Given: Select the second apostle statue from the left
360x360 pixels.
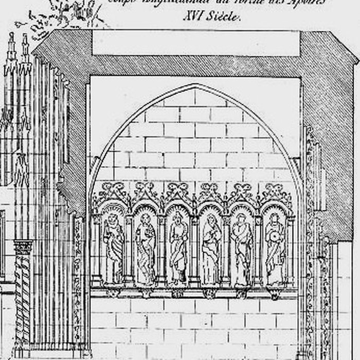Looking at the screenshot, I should [x=146, y=249].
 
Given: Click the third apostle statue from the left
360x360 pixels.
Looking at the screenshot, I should [x=178, y=249].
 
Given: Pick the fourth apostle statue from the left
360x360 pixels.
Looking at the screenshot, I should [x=211, y=249].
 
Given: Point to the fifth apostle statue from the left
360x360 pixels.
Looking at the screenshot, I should [x=242, y=249].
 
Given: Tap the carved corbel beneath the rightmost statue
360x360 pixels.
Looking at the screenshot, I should [x=275, y=294].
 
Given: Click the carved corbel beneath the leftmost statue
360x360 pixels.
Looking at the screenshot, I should [x=113, y=293].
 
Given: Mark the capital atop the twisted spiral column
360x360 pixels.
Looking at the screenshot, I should [x=23, y=247].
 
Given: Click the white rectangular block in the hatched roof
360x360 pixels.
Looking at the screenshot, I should [x=195, y=43].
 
